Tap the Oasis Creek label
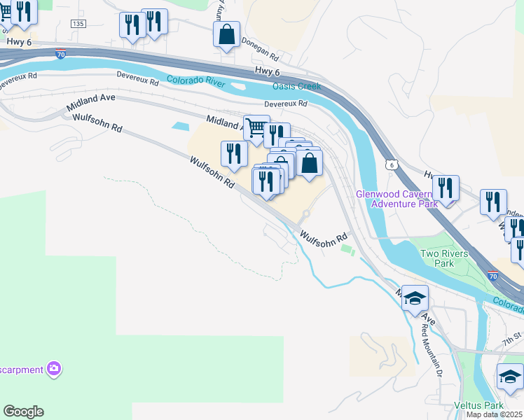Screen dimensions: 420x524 [296, 86]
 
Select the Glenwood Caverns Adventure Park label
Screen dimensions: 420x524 [397, 199]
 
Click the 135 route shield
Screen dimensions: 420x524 [78, 24]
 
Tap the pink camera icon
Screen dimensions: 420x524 [54, 368]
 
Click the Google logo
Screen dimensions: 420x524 [23, 412]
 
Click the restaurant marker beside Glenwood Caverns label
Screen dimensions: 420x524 [446, 188]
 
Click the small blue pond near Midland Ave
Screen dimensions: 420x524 [180, 126]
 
